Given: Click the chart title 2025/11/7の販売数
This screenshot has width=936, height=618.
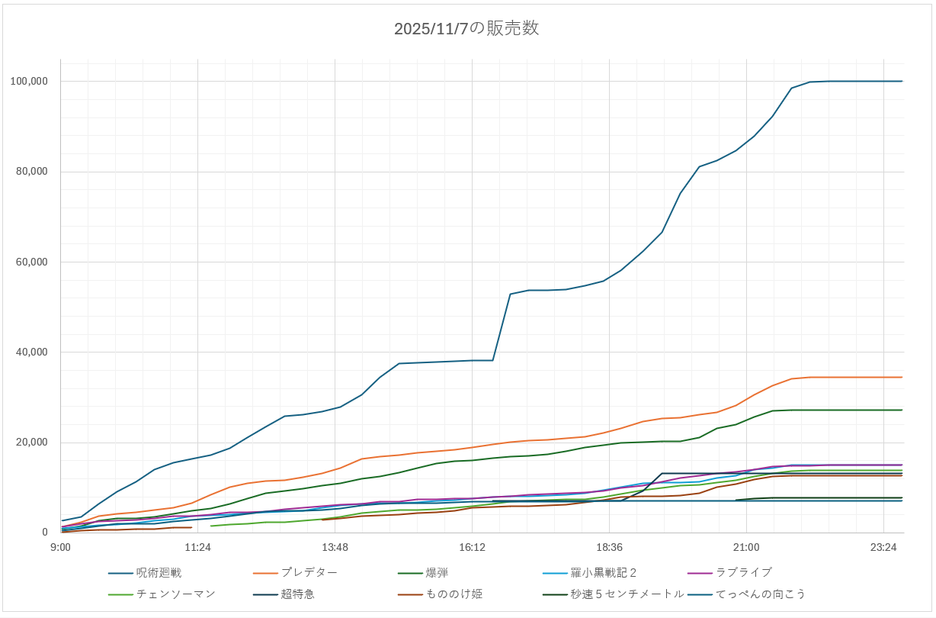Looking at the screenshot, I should coord(466,29).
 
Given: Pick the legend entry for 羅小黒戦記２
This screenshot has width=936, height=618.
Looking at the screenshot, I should coord(603,572).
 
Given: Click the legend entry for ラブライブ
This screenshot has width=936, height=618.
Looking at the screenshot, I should coord(744,572).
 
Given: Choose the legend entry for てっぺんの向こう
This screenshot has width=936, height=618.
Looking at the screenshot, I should coord(761,594).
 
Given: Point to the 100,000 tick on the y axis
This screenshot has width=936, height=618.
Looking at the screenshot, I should coord(29,82).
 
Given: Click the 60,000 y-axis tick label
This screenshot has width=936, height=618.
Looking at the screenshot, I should coord(31,262).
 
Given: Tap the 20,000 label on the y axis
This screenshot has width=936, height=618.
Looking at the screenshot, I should coord(31,443).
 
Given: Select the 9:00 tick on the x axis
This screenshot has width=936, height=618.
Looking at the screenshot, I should coord(61,547).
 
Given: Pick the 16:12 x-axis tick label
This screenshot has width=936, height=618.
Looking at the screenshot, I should coord(472,547).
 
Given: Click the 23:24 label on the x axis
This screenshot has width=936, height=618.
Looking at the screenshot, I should coord(883,547).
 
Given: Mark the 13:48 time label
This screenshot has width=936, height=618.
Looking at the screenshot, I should coord(335,547).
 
